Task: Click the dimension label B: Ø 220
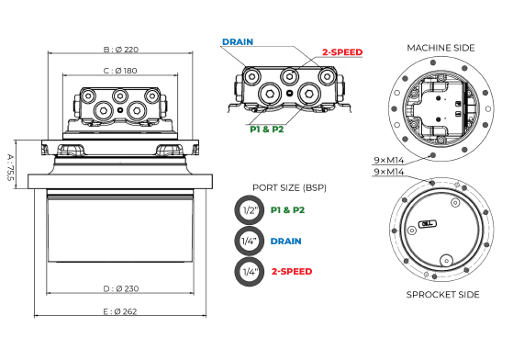point(120,50)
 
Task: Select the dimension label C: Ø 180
point(120,71)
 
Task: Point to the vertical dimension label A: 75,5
point(10,167)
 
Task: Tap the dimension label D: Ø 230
point(121,288)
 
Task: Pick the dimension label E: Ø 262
point(120,311)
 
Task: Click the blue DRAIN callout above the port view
point(238,42)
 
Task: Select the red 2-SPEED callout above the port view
point(342,52)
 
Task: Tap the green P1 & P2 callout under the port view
point(267,129)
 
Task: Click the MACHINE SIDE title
point(440,48)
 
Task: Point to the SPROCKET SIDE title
point(443,295)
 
